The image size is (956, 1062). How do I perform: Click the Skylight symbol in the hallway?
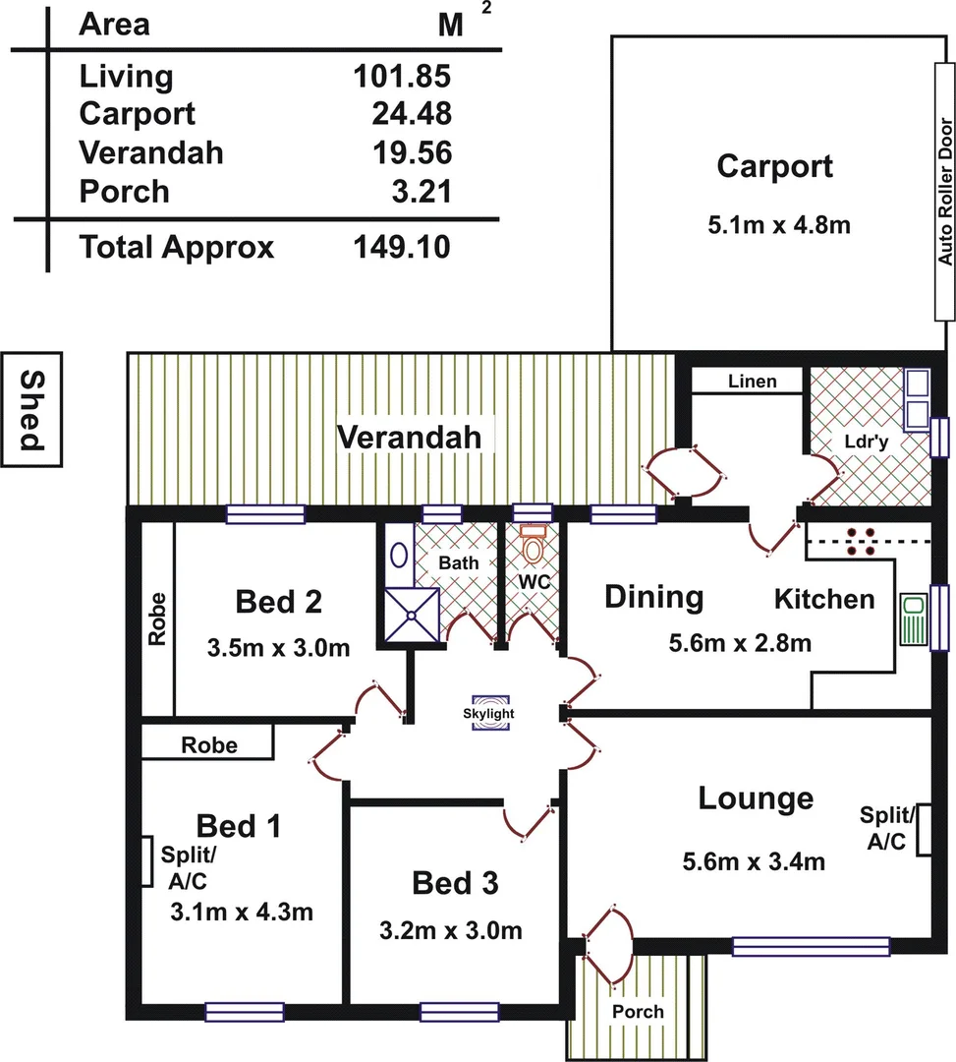pyautogui.click(x=489, y=714)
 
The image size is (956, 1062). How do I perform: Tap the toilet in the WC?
pyautogui.click(x=533, y=543)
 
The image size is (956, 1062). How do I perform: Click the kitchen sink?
pyautogui.click(x=912, y=618)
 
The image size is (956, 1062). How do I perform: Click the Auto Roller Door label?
pyautogui.click(x=945, y=193)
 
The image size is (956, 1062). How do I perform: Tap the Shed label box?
pyautogui.click(x=32, y=407)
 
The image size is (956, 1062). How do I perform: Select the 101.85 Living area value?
pyautogui.click(x=402, y=76)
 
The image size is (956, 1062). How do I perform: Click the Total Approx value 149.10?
pyautogui.click(x=402, y=247)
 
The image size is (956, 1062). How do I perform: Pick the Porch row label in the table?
pyautogui.click(x=124, y=191)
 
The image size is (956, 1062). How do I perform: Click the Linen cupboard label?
pyautogui.click(x=753, y=381)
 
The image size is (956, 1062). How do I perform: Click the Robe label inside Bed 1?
pyautogui.click(x=208, y=745)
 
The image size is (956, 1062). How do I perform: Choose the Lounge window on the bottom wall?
pyautogui.click(x=811, y=947)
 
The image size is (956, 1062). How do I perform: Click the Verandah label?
pyautogui.click(x=410, y=437)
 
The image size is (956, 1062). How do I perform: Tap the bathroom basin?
pyautogui.click(x=398, y=555)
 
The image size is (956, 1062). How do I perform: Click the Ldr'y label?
pyautogui.click(x=866, y=442)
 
